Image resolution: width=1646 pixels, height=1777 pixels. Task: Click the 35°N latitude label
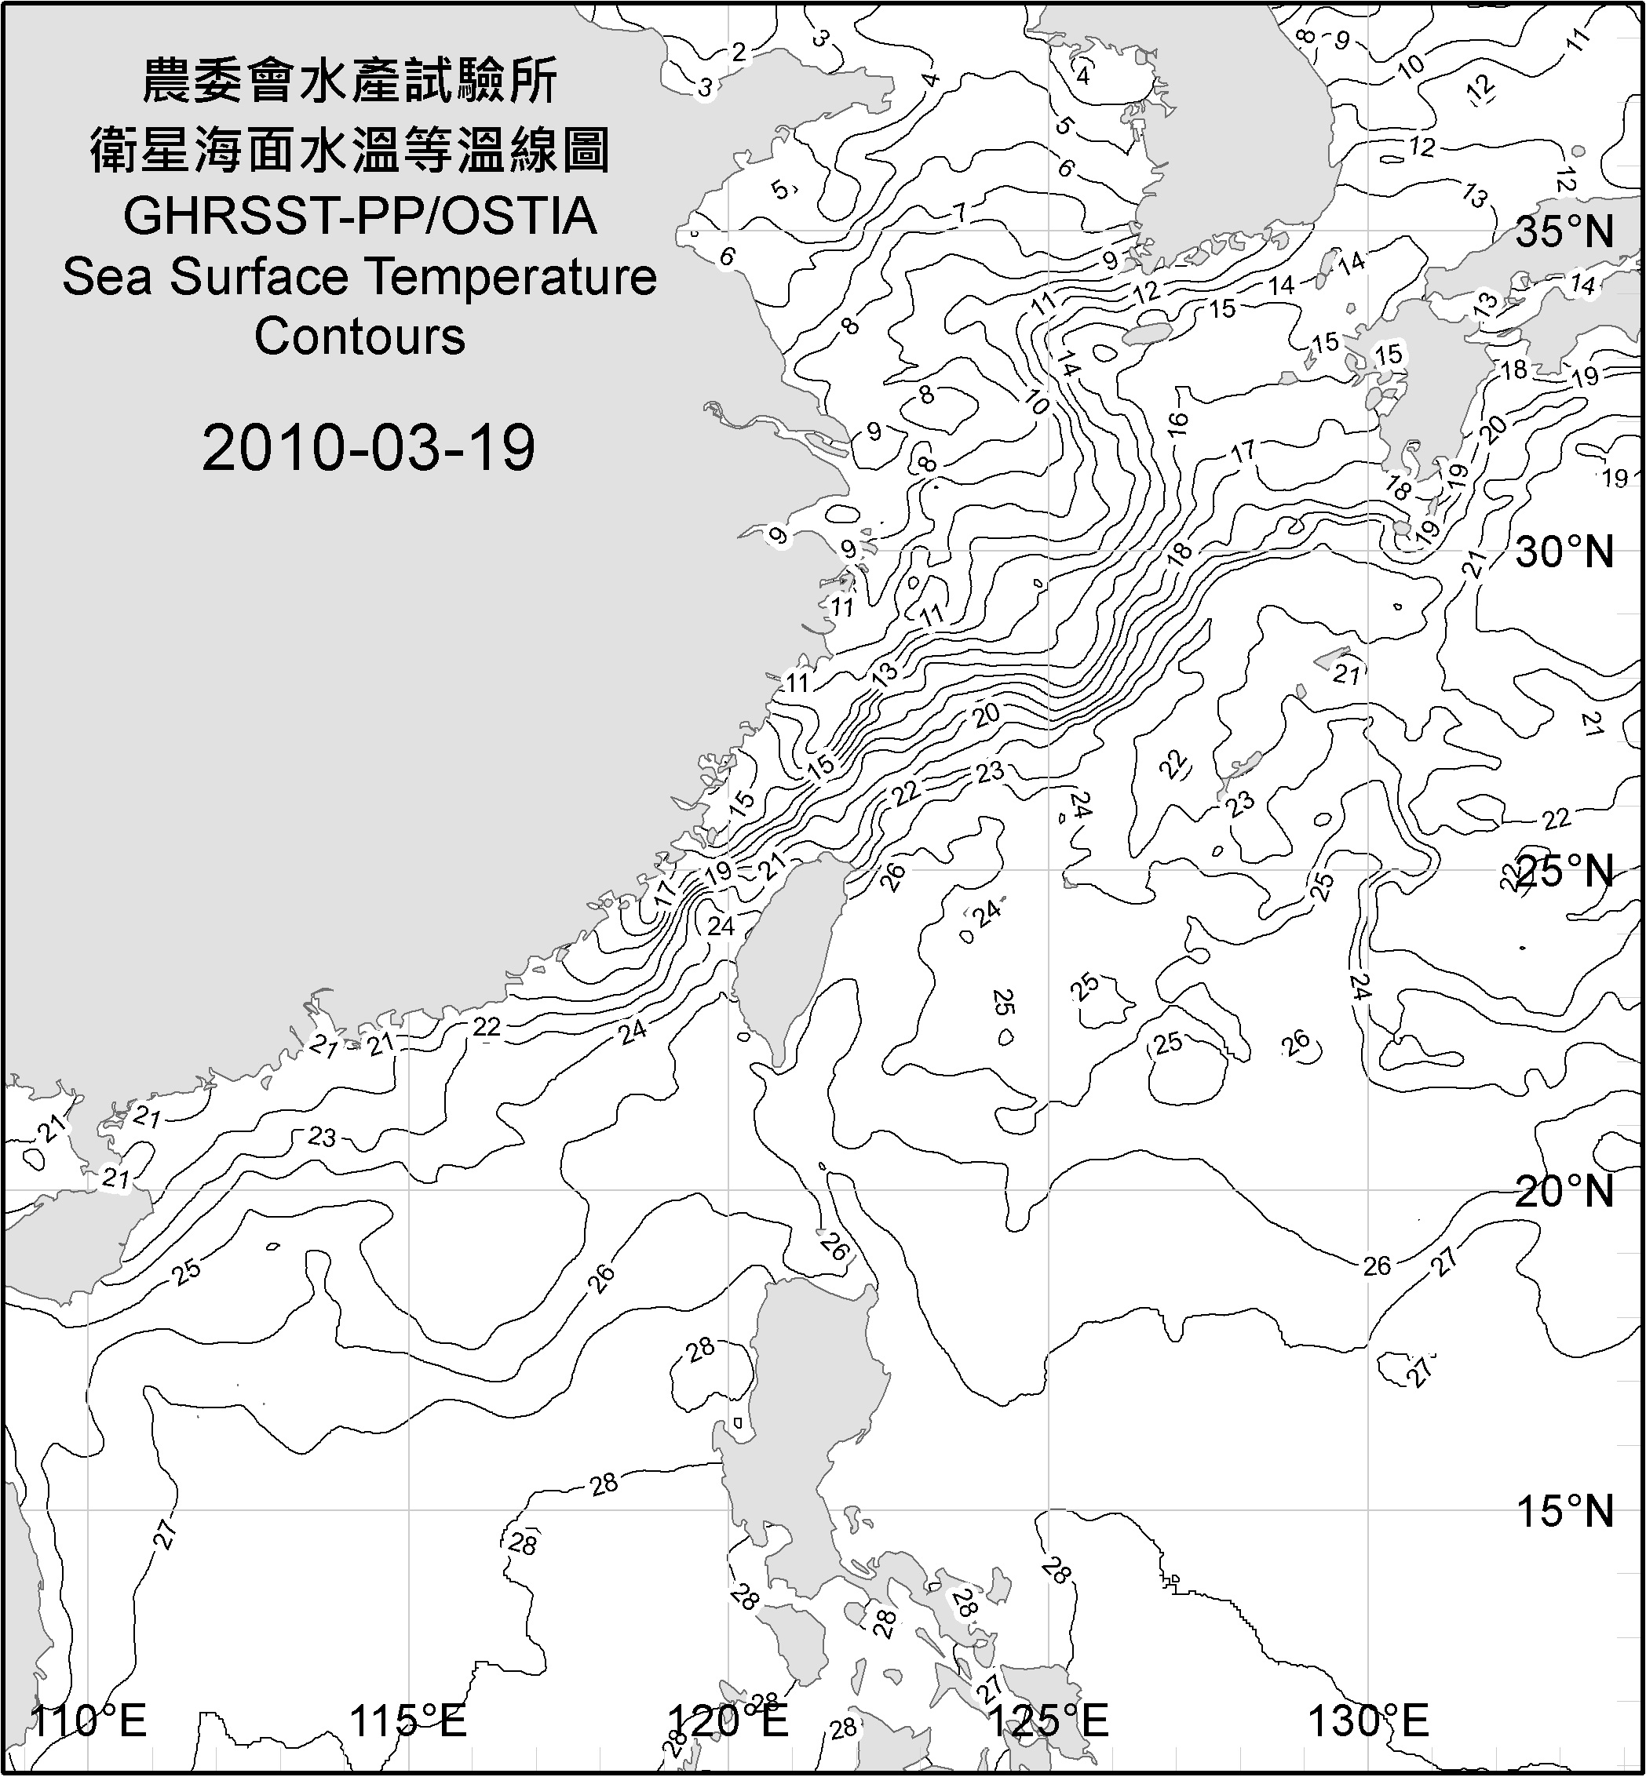click(1565, 232)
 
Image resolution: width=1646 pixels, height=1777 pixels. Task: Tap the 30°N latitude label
click(1565, 553)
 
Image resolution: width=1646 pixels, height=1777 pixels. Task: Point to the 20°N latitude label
click(1565, 1192)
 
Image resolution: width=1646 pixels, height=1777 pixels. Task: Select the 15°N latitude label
click(1565, 1512)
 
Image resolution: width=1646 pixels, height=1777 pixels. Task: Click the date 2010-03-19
click(369, 448)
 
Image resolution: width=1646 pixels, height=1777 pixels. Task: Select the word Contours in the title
click(359, 337)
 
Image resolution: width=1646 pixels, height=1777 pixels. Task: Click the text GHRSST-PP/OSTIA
click(359, 217)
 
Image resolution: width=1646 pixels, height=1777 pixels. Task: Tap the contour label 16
click(1177, 423)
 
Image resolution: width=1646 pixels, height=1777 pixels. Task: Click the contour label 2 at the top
click(739, 53)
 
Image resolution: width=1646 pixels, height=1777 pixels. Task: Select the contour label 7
click(959, 213)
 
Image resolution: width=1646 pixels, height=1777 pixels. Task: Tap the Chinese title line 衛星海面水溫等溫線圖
click(350, 149)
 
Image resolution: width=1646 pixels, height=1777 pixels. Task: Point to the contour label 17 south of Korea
click(1243, 451)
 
